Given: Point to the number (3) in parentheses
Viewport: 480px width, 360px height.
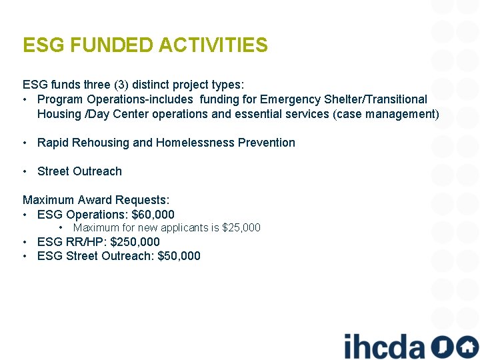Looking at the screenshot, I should [121, 85].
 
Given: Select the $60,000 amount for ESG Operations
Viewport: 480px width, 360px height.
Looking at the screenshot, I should [153, 214].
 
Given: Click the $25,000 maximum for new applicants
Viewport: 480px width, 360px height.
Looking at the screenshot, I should [241, 228].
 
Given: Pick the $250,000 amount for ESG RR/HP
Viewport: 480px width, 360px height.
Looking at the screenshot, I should [135, 242].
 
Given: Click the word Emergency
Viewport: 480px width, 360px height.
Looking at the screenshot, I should [292, 99].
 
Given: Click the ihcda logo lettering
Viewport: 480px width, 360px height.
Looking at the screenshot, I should [384, 347].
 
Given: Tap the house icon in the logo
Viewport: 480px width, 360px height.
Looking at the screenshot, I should [467, 347].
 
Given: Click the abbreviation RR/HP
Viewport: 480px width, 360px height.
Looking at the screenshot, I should [86, 242].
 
